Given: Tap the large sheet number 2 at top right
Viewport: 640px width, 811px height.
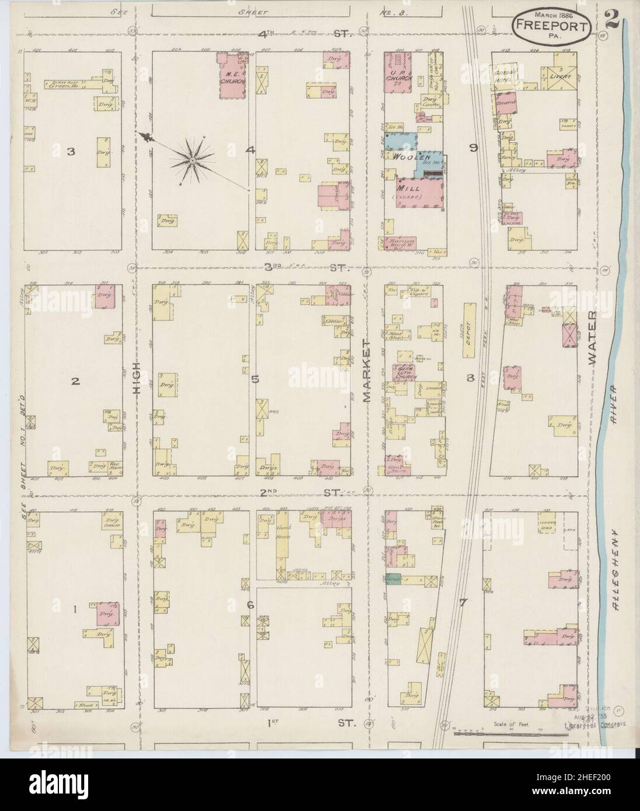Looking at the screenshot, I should (x=613, y=18).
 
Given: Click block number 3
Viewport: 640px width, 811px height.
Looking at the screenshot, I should (x=71, y=152).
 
